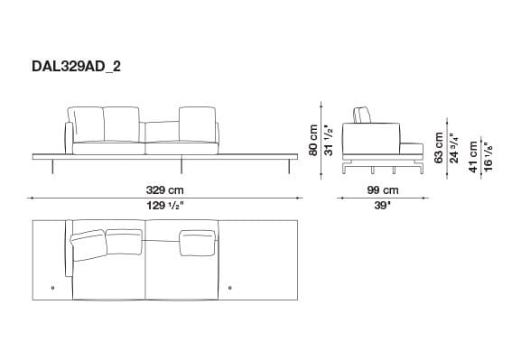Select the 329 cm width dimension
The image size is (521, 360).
[165, 190]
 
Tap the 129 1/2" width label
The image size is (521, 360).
[165, 206]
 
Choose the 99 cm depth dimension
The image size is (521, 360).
[383, 190]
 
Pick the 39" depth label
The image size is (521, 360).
[383, 206]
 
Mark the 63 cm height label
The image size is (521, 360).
[439, 145]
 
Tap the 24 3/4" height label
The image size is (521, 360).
[454, 145]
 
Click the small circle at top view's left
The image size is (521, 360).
[55, 288]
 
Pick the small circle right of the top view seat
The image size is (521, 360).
[233, 288]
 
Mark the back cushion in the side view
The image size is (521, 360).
[363, 114]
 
